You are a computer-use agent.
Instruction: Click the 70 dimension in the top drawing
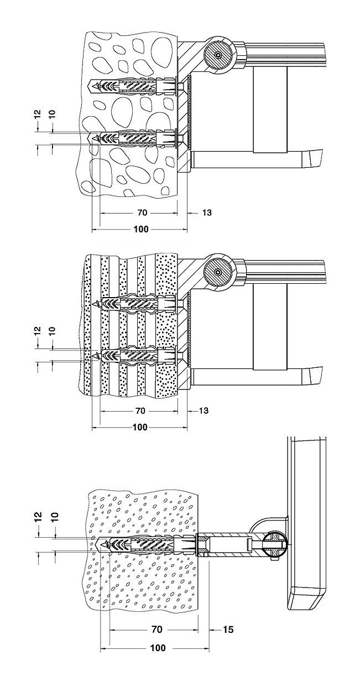(x=140, y=212)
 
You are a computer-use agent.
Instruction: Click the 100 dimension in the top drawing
(x=141, y=229)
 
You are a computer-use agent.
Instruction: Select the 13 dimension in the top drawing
(x=207, y=212)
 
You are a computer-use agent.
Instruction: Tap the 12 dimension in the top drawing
(x=38, y=113)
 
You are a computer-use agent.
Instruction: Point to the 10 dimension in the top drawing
(x=53, y=113)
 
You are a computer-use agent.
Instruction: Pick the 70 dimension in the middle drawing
(x=140, y=410)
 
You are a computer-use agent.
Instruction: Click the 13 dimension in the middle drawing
(x=204, y=410)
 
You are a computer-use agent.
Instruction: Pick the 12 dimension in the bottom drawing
(x=39, y=517)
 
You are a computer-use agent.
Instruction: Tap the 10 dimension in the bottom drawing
(x=55, y=517)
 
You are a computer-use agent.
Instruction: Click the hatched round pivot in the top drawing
(x=218, y=55)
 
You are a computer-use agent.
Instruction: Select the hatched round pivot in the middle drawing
(x=218, y=272)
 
